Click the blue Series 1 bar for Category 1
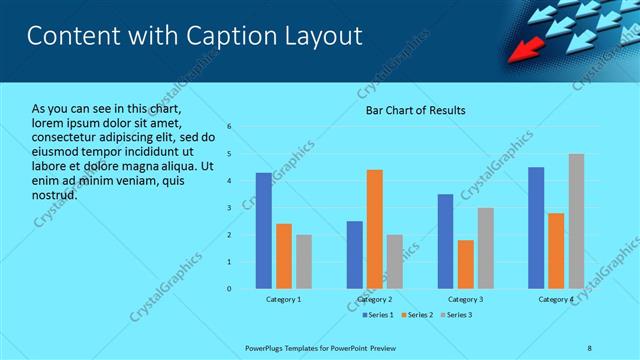[263, 231]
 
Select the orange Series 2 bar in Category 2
[374, 229]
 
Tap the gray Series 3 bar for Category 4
[576, 221]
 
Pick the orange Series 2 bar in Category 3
[465, 264]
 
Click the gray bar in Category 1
[303, 262]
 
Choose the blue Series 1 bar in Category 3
[445, 241]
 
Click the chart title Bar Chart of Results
[414, 110]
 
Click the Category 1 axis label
[284, 299]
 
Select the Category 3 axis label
[465, 299]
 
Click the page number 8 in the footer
[589, 348]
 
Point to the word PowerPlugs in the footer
[266, 348]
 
